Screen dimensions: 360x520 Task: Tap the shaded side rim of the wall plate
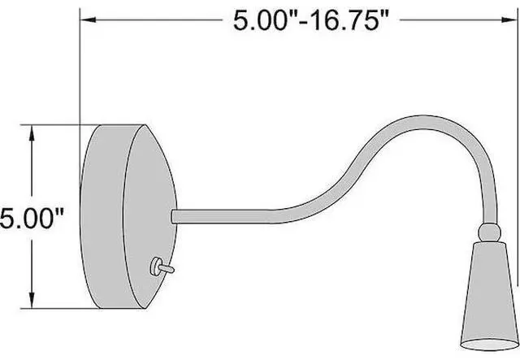point(102,219)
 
